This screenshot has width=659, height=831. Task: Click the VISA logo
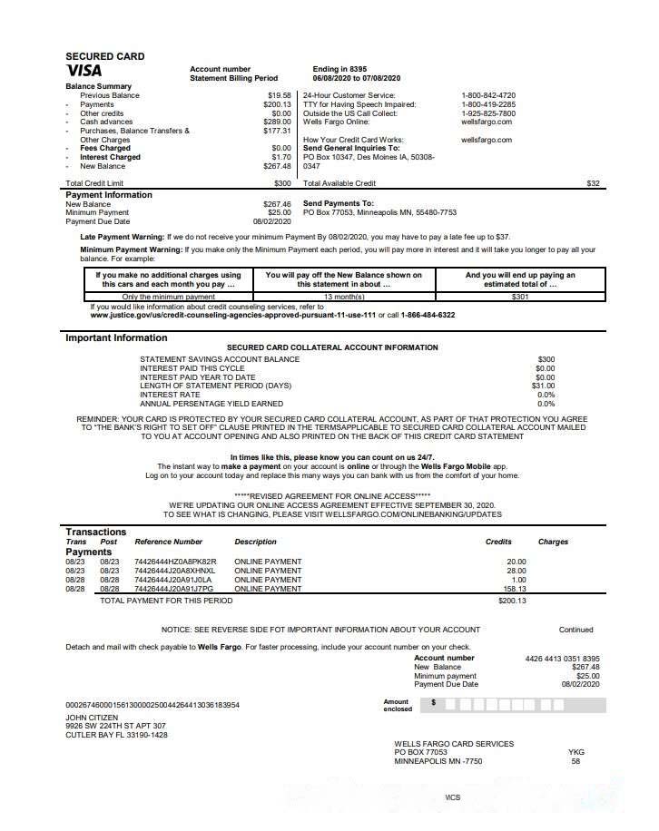(x=84, y=70)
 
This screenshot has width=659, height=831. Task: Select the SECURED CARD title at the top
(x=104, y=56)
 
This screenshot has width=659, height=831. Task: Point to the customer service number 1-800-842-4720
(x=488, y=95)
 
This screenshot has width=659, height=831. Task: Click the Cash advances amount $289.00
(x=277, y=122)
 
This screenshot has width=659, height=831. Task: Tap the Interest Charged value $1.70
(x=281, y=157)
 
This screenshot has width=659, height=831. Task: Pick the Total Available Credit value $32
(x=593, y=183)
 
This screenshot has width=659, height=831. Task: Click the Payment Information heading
(x=109, y=194)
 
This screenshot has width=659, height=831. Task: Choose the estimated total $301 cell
(x=520, y=297)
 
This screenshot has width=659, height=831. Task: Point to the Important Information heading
(x=116, y=338)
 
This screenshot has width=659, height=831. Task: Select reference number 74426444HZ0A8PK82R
(x=175, y=562)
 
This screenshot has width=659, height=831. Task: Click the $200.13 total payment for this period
(x=512, y=601)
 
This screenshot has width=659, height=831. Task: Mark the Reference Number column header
(x=168, y=542)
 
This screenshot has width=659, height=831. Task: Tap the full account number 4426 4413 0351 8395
(x=562, y=658)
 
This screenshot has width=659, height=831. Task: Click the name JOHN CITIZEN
(x=92, y=717)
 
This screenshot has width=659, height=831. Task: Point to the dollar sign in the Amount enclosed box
(x=434, y=702)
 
